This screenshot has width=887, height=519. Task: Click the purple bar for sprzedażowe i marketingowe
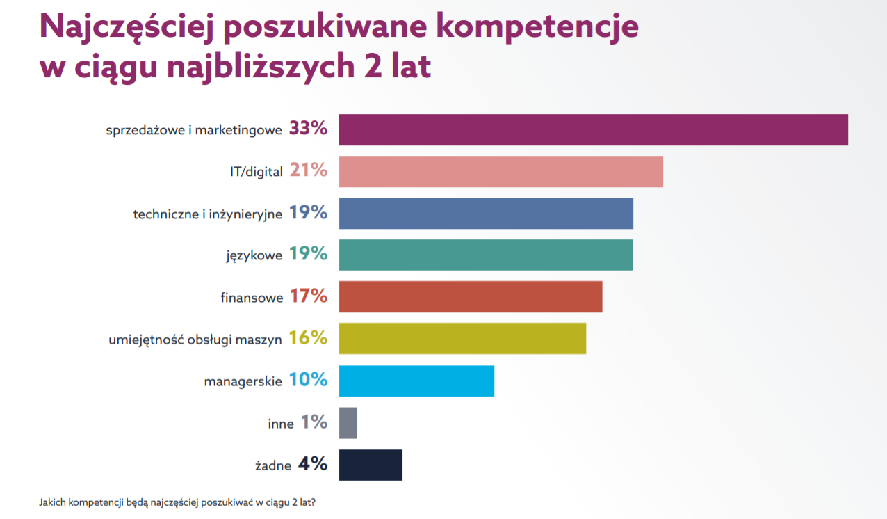pos(593,130)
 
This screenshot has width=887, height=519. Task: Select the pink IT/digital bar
pos(501,172)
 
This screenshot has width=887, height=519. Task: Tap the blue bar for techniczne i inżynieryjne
pos(486,214)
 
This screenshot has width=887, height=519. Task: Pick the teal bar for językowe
pos(485,255)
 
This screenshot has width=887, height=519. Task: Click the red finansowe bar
pos(471,297)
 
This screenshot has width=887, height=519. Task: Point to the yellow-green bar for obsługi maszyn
pos(462,339)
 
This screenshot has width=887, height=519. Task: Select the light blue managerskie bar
pos(416,381)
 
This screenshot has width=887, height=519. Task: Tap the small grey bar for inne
pos(348,423)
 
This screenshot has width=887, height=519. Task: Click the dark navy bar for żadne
pos(371,465)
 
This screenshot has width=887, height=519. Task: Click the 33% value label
pos(308,129)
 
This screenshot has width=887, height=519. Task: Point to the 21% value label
pos(308,170)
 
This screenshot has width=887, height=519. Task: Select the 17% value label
pos(308,296)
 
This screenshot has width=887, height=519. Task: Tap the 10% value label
pos(308,380)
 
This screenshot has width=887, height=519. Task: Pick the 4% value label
pos(312,464)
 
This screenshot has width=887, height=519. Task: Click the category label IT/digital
pos(256,172)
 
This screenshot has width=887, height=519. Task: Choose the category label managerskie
pos(243,381)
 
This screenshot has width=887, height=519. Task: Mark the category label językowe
pos(254,256)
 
